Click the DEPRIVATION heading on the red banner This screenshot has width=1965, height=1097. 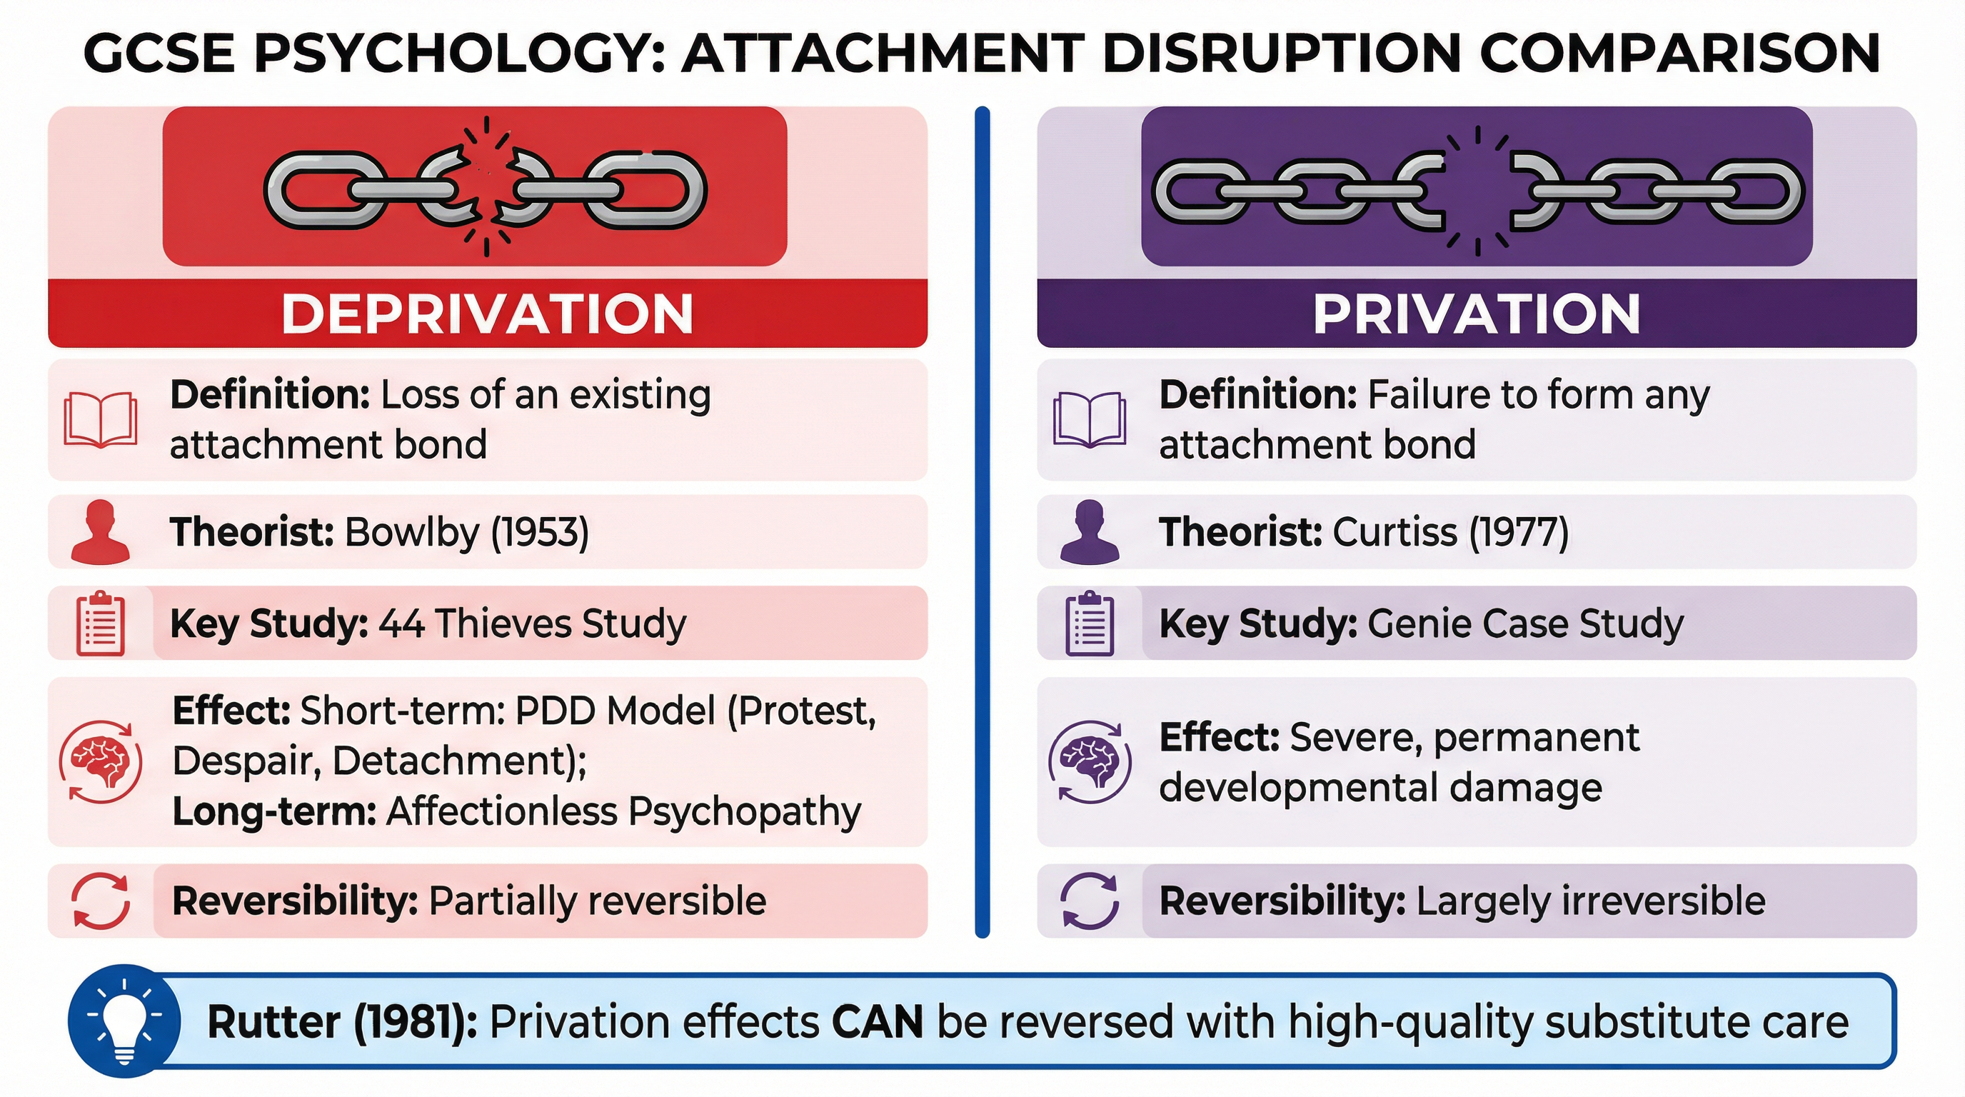coord(487,314)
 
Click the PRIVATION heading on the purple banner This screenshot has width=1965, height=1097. coord(1476,314)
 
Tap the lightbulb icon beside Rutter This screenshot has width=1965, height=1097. coord(124,1021)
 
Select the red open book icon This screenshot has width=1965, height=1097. coord(100,419)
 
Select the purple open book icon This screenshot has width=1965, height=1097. coord(1090,419)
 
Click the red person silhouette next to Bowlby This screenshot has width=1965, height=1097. coord(100,533)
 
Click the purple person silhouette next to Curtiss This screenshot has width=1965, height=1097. coord(1090,533)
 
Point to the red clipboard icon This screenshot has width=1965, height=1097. coord(100,623)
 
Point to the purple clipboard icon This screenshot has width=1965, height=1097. coord(1090,623)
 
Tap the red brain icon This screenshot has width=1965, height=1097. coord(100,762)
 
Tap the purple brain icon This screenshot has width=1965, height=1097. coord(1090,762)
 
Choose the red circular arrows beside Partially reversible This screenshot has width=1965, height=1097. coord(100,901)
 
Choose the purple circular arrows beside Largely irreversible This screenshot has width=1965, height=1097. coord(1090,901)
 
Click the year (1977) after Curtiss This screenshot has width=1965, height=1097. coord(1519,533)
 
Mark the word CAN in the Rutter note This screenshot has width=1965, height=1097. coord(878,1022)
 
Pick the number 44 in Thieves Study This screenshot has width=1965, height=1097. coord(401,623)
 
